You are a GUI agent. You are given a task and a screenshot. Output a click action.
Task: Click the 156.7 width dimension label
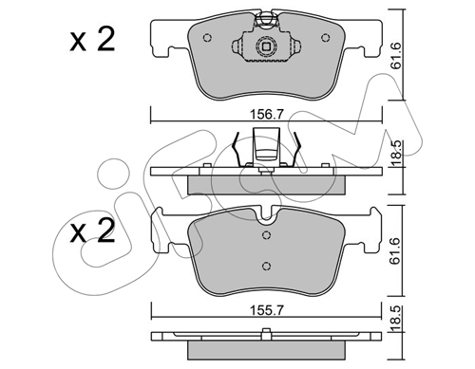(266, 114)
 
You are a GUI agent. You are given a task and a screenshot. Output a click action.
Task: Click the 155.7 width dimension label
(266, 310)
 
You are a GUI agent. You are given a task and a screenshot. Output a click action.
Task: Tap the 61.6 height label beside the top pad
(396, 56)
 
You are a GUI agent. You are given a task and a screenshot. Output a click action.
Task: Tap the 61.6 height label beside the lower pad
(396, 251)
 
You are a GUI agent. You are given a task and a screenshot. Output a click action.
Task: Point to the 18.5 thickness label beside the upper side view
(396, 154)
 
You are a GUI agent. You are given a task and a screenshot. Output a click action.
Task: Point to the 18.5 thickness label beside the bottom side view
(396, 319)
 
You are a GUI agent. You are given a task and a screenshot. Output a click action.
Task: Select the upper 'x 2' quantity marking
(92, 40)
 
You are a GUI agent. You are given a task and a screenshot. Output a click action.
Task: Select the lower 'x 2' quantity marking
(92, 231)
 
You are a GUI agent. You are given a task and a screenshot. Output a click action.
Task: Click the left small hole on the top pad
(207, 38)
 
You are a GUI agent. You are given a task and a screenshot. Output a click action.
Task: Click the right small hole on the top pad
(325, 38)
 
